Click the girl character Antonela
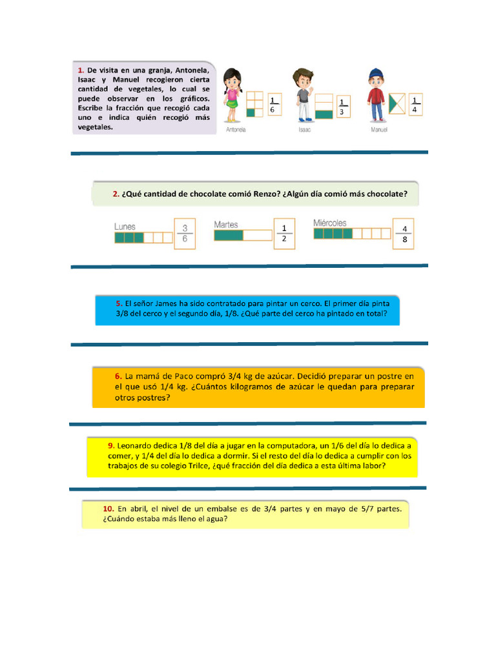[231, 96]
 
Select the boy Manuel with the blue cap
[376, 95]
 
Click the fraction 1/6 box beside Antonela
[274, 105]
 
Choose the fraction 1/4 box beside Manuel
[415, 105]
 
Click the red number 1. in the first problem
[81, 70]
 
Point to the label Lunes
[125, 227]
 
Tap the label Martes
[226, 225]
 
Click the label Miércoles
[330, 223]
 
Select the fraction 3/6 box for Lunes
[185, 234]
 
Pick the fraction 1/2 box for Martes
[284, 234]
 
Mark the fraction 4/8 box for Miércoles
[404, 234]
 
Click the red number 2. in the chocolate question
[116, 193]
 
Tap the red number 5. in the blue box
[119, 303]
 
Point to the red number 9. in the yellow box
[112, 445]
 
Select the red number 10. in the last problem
[108, 509]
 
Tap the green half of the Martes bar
[228, 236]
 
